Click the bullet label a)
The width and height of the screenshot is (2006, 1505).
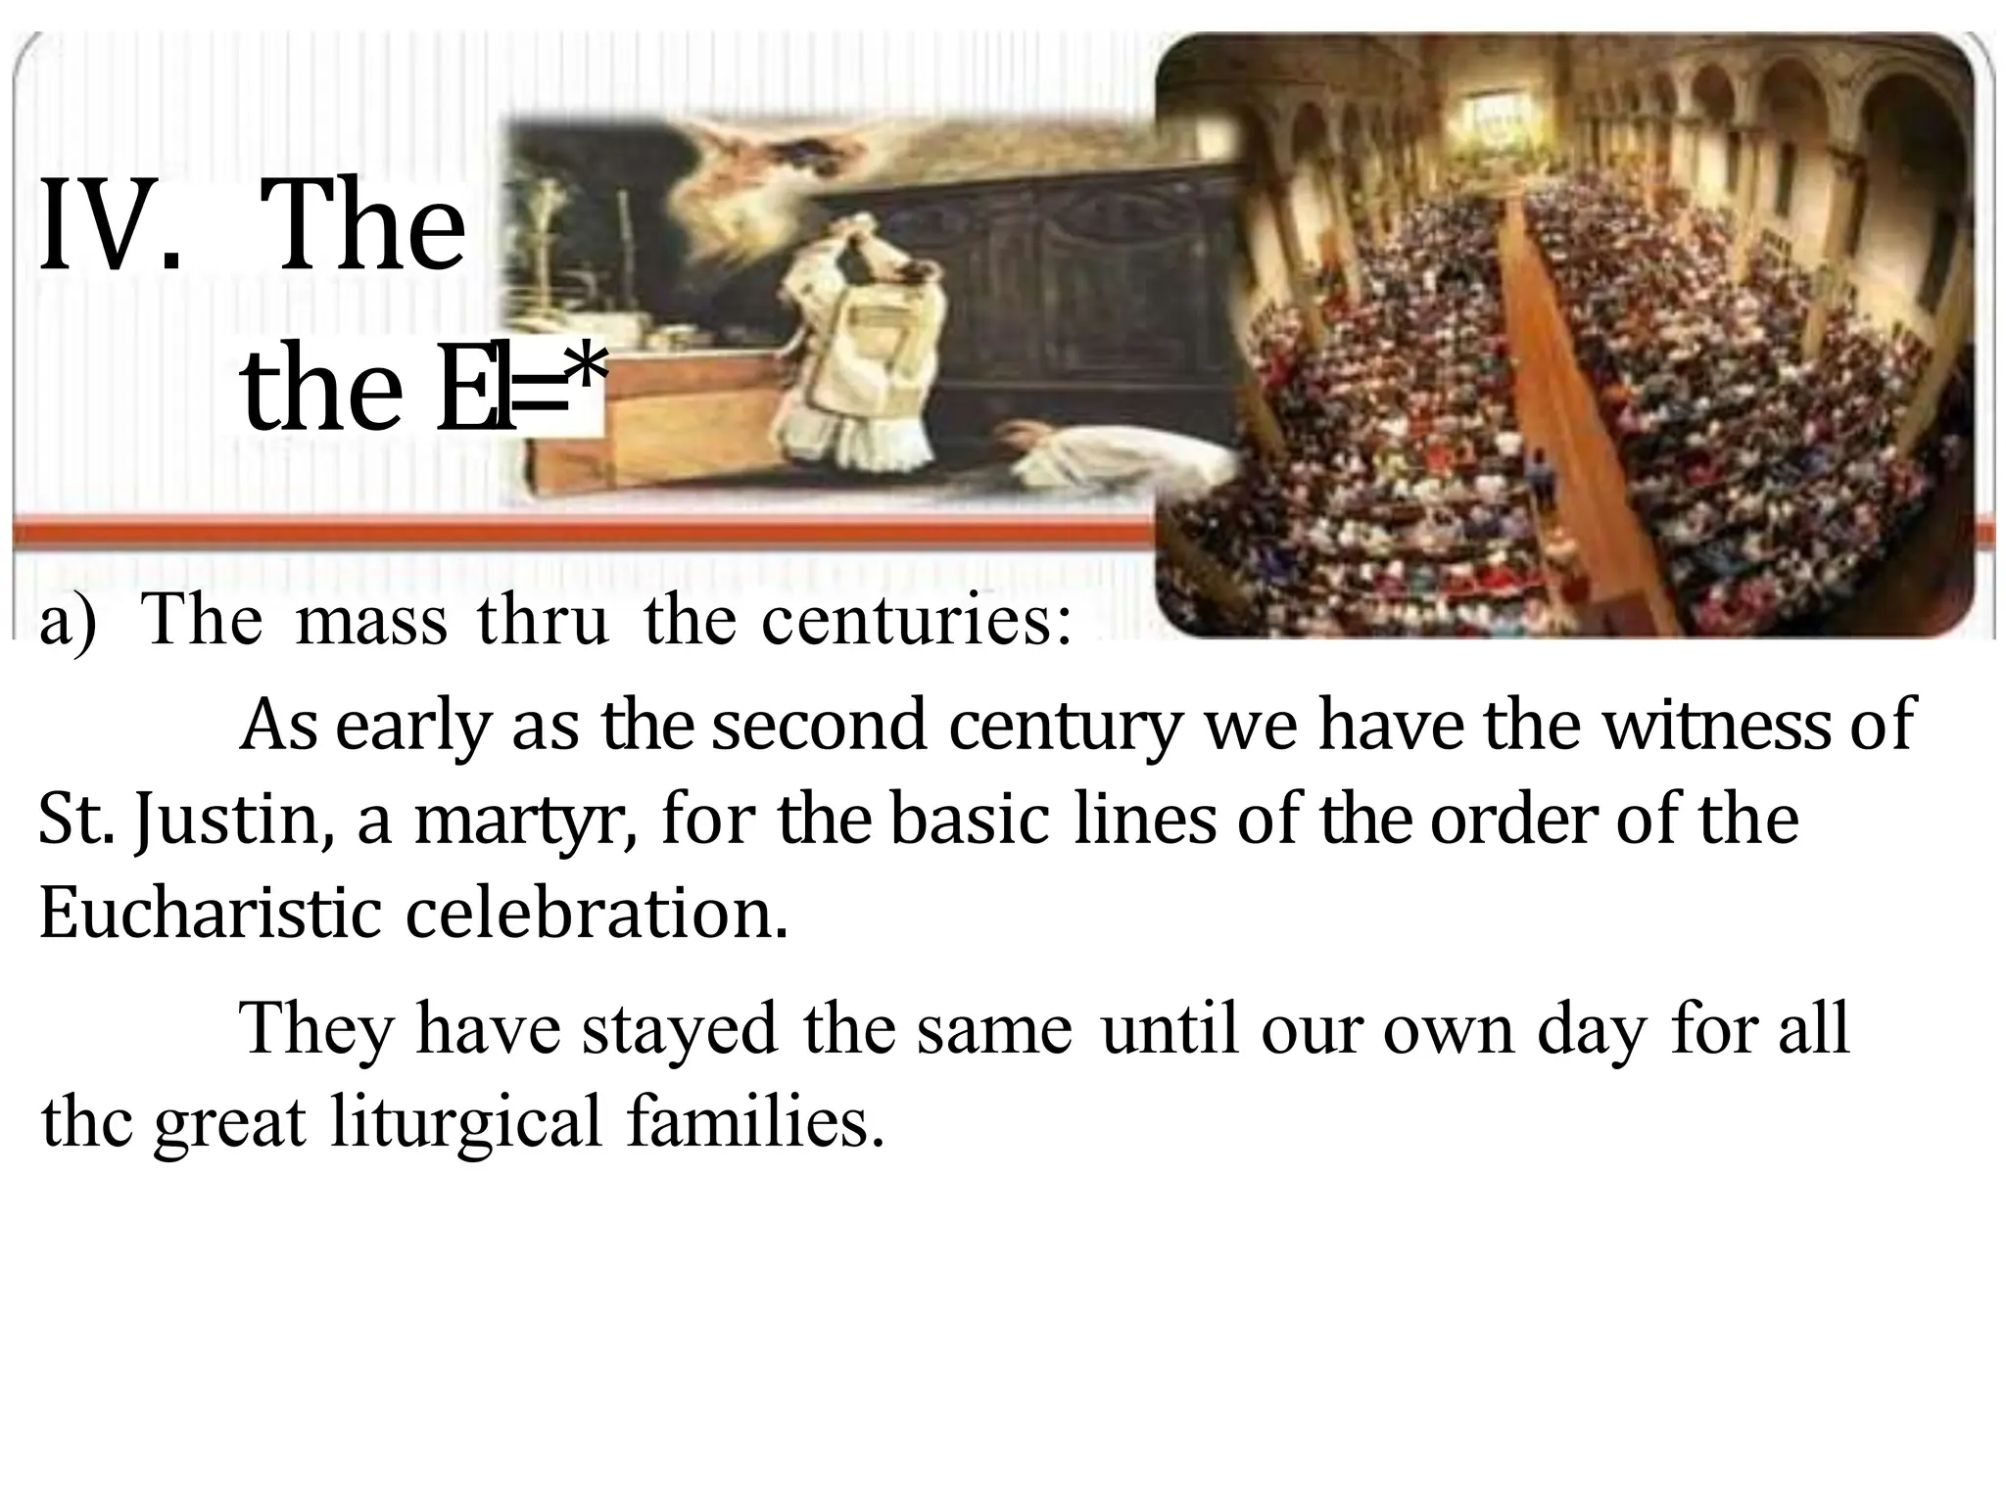(x=69, y=623)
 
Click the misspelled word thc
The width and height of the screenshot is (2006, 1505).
(x=87, y=1123)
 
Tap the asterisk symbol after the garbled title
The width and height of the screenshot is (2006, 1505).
(x=588, y=377)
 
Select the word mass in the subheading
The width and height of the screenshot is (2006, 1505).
(x=370, y=623)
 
